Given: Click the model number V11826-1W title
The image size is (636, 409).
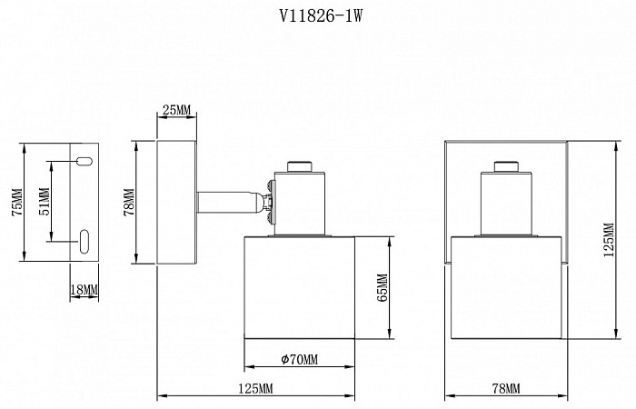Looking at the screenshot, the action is pyautogui.click(x=321, y=16).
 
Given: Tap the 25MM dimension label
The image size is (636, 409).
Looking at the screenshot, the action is pyautogui.click(x=176, y=110).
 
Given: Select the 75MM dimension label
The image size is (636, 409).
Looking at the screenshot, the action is pyautogui.click(x=17, y=203).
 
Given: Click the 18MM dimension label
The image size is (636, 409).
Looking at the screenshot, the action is pyautogui.click(x=84, y=290).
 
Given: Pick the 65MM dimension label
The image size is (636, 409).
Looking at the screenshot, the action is pyautogui.click(x=383, y=288).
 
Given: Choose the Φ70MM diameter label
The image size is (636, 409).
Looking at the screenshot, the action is pyautogui.click(x=299, y=359).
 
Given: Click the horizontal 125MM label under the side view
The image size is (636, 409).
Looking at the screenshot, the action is pyautogui.click(x=255, y=389).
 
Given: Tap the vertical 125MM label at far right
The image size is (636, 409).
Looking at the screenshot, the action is pyautogui.click(x=609, y=240).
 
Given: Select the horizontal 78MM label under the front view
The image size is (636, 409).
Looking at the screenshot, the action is pyautogui.click(x=506, y=389).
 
